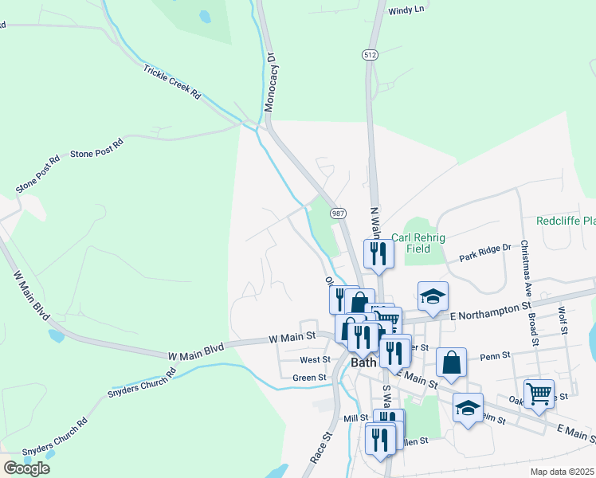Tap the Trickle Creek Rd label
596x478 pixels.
click(x=172, y=82)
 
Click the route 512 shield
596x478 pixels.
click(x=369, y=54)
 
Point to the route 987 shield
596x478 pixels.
click(x=339, y=213)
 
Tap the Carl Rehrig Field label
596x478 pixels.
click(x=418, y=243)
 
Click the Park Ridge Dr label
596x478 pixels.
click(x=485, y=253)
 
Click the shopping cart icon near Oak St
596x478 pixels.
click(x=539, y=393)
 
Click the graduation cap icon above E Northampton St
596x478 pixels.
click(x=433, y=296)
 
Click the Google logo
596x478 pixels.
click(x=26, y=468)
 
